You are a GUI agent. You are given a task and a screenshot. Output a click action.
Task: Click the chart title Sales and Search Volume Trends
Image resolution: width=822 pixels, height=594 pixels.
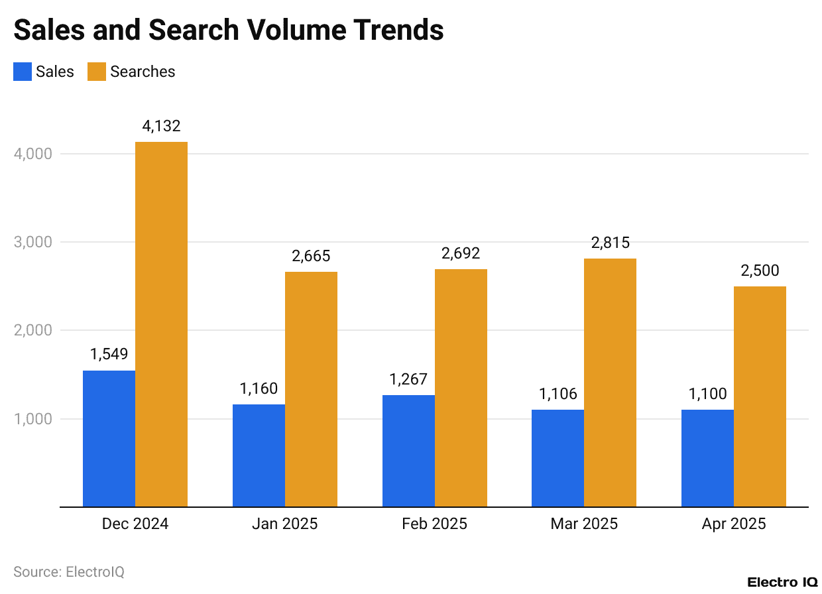(229, 30)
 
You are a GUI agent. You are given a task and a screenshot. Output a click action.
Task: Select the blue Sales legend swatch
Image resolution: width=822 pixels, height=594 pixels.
(23, 72)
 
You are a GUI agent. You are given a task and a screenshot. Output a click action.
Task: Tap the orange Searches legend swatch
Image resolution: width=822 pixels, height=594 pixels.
(97, 72)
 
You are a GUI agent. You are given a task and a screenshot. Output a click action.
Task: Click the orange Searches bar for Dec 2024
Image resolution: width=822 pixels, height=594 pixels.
(161, 324)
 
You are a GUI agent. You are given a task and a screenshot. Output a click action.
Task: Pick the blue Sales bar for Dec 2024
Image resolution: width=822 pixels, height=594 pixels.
(109, 438)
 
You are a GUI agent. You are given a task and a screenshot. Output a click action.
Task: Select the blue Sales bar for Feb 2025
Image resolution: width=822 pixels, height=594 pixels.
(408, 451)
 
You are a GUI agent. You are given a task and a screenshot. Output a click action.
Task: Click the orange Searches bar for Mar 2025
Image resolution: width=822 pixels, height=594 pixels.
(610, 383)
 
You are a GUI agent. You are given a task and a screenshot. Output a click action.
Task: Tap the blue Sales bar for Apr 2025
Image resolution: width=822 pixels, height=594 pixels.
(707, 458)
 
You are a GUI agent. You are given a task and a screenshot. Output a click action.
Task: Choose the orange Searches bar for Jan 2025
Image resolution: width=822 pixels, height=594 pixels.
(311, 389)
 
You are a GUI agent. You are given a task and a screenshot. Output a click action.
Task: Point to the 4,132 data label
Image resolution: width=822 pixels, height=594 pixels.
(161, 126)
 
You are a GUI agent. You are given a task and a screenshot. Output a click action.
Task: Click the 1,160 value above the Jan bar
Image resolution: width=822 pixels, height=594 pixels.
(259, 388)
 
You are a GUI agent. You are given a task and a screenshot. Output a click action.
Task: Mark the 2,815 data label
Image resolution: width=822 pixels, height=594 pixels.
(610, 243)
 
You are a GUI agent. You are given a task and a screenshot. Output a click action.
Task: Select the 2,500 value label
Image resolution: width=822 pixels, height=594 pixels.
(760, 270)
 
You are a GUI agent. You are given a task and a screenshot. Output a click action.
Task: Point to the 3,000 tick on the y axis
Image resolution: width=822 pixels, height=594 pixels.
(33, 242)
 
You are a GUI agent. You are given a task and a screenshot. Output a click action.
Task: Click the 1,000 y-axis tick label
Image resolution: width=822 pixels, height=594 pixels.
(33, 419)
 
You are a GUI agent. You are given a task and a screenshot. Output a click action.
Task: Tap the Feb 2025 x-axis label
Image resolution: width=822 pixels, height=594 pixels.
(434, 524)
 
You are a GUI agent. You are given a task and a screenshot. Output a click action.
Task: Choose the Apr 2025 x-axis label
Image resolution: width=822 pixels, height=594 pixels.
(733, 524)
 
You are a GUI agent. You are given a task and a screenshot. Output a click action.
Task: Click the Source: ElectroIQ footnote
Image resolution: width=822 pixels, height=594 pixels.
(69, 571)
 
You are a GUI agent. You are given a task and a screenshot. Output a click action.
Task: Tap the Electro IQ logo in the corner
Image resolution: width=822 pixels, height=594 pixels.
(782, 582)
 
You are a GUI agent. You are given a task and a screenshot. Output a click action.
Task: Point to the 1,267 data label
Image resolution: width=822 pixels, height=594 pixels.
(408, 379)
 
